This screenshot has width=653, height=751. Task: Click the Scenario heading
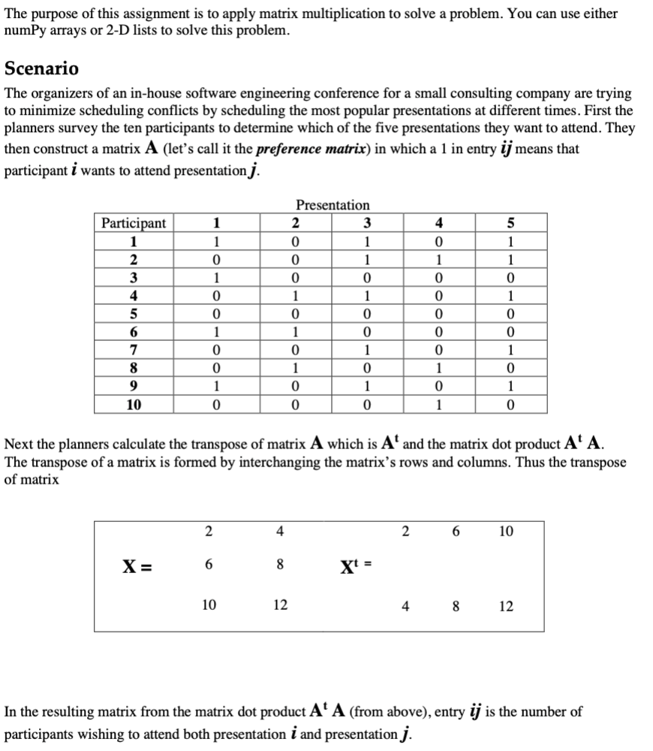pyautogui.click(x=41, y=68)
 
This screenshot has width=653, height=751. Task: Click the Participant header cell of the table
pyautogui.click(x=134, y=222)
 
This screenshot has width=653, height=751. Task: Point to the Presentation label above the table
pyautogui.click(x=333, y=205)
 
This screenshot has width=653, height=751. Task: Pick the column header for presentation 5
pyautogui.click(x=510, y=222)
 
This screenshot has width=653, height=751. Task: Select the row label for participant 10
pyautogui.click(x=134, y=406)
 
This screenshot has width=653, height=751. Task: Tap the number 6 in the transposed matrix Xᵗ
pyautogui.click(x=456, y=532)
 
